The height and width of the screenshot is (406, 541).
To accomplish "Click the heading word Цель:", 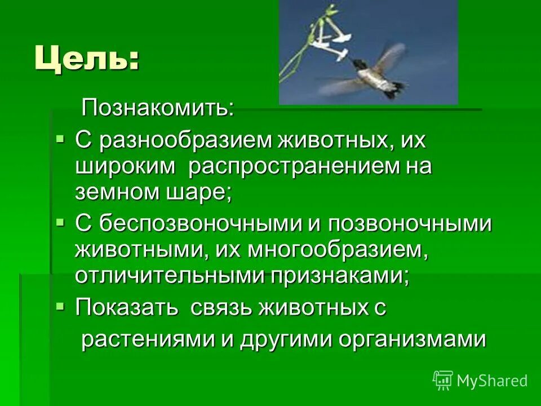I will pos(87,59).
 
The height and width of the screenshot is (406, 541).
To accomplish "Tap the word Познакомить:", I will pos(158,107).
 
